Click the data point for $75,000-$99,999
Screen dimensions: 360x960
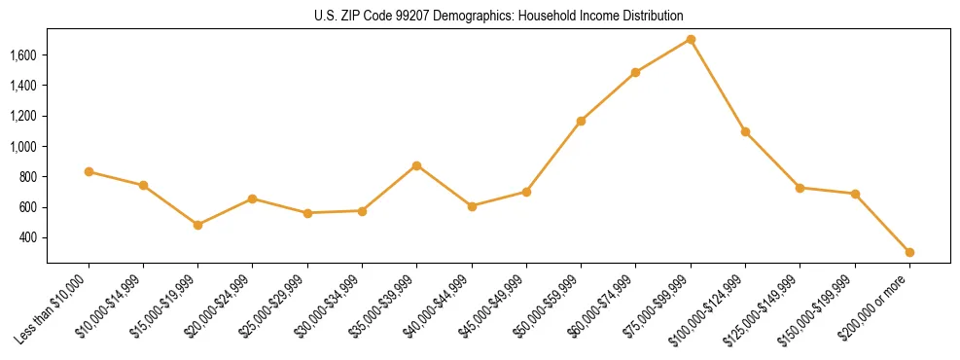tap(691, 39)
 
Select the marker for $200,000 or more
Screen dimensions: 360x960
tap(909, 252)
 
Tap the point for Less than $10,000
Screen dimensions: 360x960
tap(89, 171)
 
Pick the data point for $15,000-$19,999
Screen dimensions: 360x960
tap(197, 225)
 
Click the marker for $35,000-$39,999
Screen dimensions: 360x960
tap(416, 165)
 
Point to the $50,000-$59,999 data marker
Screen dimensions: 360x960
tap(581, 121)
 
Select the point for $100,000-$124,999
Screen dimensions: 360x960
tap(745, 131)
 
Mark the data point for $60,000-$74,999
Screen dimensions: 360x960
tap(635, 72)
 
